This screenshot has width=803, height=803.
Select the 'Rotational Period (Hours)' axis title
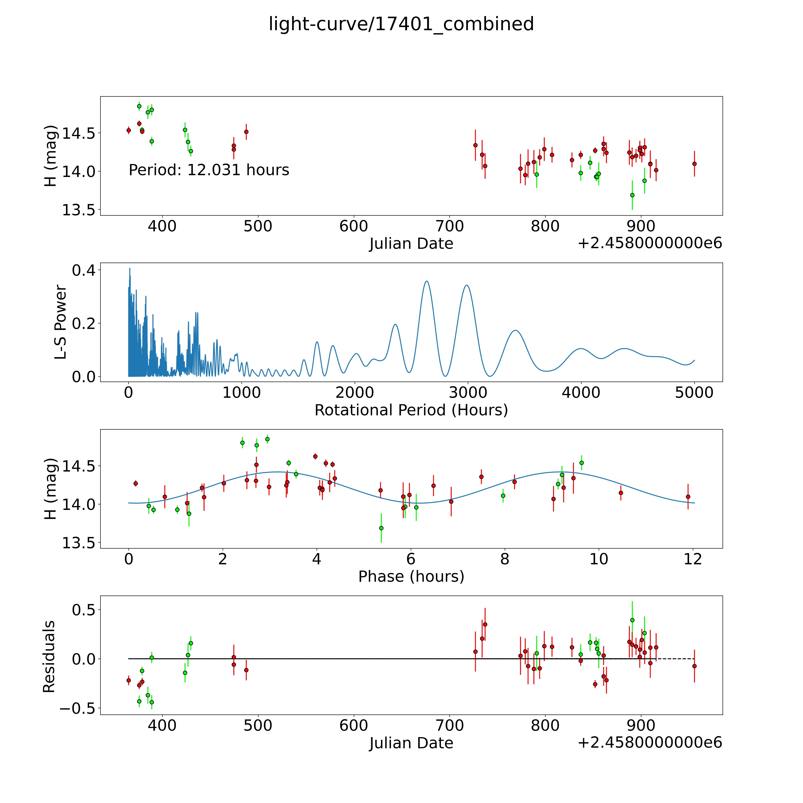(x=411, y=410)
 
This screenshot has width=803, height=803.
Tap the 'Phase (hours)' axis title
(x=411, y=577)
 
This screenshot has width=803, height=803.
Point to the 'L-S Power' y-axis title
(x=60, y=322)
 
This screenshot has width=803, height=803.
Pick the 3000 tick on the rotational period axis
(x=468, y=392)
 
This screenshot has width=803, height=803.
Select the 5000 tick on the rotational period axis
(x=694, y=392)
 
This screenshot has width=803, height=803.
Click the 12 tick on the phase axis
(x=693, y=559)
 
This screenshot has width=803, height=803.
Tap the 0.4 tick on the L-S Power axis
(x=84, y=271)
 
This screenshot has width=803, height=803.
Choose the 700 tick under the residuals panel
(x=450, y=725)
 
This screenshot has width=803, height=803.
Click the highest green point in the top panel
(x=139, y=106)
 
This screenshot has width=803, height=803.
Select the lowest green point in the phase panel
(x=381, y=528)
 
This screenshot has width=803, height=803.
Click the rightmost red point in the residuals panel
(x=694, y=666)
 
